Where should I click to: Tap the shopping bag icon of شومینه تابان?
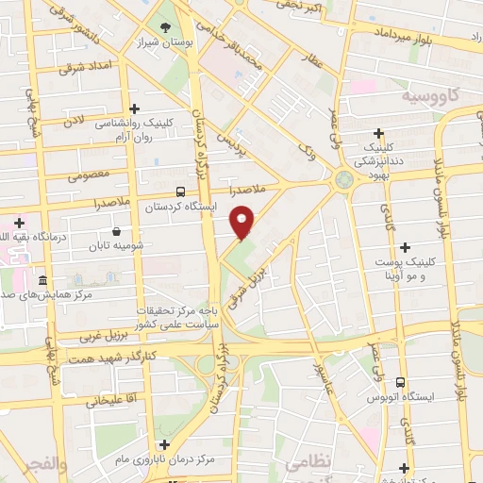[x=116, y=230]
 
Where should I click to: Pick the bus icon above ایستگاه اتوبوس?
[x=402, y=383]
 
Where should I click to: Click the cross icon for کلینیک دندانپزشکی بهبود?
[x=379, y=134]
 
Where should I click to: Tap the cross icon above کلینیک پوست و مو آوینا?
[x=404, y=247]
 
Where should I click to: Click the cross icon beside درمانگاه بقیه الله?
[x=20, y=222]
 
